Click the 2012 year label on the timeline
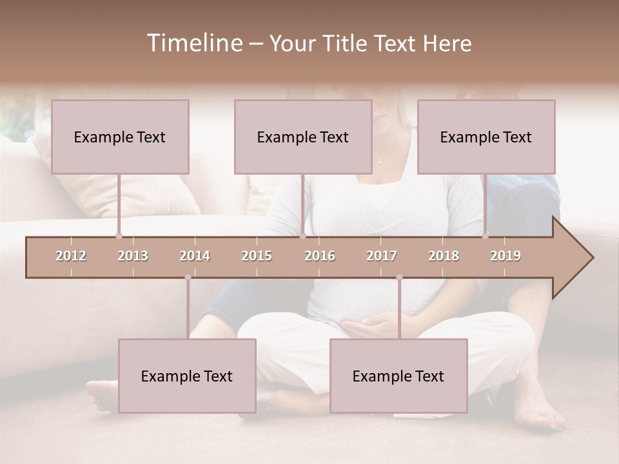[x=71, y=256]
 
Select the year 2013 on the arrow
[x=133, y=256]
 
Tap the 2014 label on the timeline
[x=195, y=256]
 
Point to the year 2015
[x=257, y=256]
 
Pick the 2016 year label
[x=320, y=256]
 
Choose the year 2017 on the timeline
[x=382, y=256]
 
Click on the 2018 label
[x=444, y=256]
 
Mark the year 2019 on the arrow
[x=506, y=256]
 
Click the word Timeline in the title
[x=193, y=43]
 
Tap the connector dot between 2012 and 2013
[x=119, y=236]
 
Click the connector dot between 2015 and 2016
[x=302, y=236]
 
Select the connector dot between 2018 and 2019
[x=486, y=236]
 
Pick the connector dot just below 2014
[x=188, y=278]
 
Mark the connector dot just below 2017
[x=399, y=278]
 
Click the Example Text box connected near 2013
[x=120, y=137]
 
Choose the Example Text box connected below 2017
[x=398, y=376]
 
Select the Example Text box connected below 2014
[x=187, y=376]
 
